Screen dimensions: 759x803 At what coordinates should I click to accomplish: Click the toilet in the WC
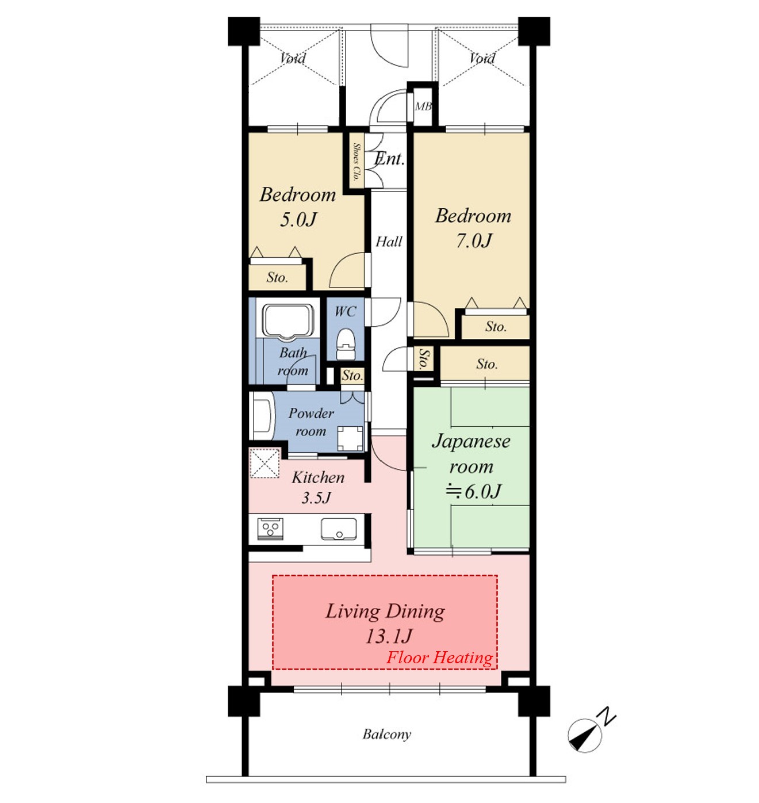(x=346, y=344)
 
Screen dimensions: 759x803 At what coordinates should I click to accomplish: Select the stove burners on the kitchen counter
(x=270, y=529)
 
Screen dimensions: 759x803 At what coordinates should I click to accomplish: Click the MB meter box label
(x=423, y=106)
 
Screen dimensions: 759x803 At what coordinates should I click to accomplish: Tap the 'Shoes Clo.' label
(x=356, y=162)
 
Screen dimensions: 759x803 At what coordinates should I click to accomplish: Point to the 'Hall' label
(x=389, y=242)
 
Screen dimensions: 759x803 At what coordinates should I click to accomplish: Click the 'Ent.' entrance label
(x=389, y=159)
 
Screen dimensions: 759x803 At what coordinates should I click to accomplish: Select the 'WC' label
(x=345, y=312)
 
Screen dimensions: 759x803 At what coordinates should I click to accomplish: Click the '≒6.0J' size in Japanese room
(x=473, y=492)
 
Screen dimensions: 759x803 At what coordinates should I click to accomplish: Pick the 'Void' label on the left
(x=292, y=59)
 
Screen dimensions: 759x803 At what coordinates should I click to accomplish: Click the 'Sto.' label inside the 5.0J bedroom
(x=277, y=278)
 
